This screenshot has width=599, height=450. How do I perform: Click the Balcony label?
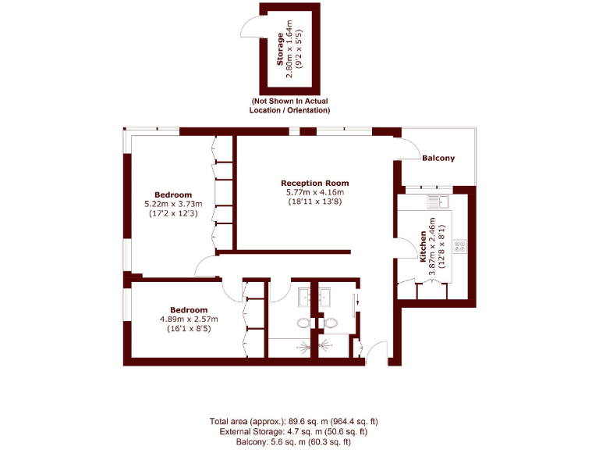[x=438, y=159]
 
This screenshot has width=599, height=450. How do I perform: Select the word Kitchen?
[x=423, y=246]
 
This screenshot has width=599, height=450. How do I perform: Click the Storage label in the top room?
[x=281, y=48]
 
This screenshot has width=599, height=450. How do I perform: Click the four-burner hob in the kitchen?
[x=459, y=245]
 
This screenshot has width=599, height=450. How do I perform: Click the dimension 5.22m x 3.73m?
[x=173, y=205]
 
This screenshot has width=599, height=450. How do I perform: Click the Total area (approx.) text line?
[x=293, y=421]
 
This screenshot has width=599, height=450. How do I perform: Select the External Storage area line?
[x=293, y=430]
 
